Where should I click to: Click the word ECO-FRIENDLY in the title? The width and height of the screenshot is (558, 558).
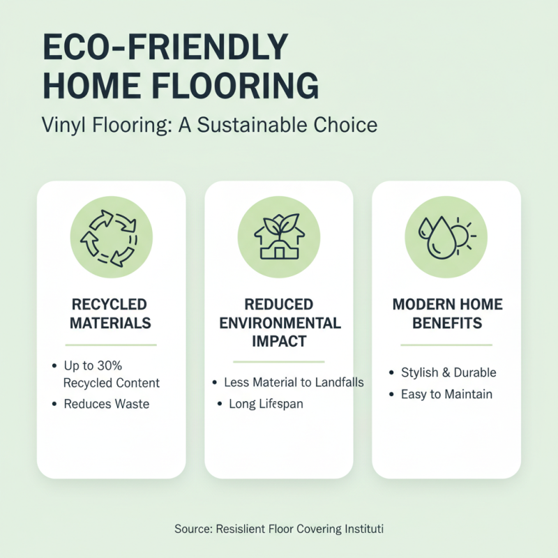(x=165, y=48)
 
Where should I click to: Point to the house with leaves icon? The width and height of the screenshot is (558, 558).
(x=278, y=233)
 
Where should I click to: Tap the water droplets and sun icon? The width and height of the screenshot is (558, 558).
(x=446, y=233)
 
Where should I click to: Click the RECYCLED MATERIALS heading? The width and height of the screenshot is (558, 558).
(x=111, y=314)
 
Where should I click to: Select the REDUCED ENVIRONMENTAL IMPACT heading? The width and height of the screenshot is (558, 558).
(x=279, y=323)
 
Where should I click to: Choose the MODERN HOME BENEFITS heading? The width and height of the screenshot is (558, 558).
(x=446, y=314)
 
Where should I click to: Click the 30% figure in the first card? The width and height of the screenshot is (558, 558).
(x=113, y=365)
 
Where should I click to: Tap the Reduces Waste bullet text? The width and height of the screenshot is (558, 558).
(x=106, y=404)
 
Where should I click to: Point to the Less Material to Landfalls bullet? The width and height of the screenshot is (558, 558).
(x=294, y=383)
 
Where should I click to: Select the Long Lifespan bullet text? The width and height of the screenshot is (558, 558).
(x=266, y=405)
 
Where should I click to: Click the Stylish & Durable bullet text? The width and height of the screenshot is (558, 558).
(x=448, y=372)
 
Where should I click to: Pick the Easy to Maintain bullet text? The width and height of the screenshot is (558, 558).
(x=446, y=395)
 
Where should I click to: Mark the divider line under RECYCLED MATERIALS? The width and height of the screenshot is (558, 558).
(x=111, y=345)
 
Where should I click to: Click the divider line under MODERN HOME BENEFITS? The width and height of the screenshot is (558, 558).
(x=446, y=345)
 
